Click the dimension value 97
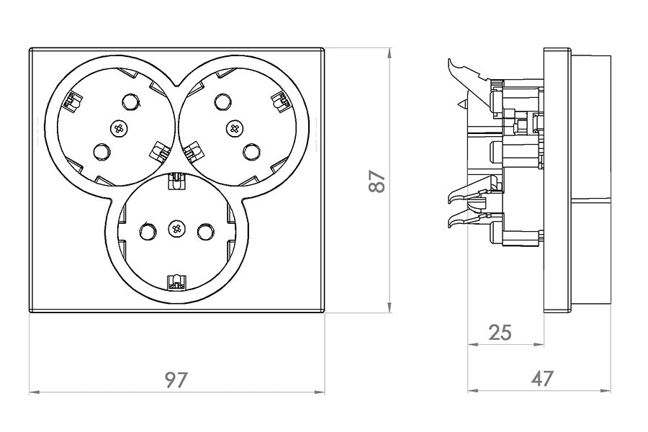[x=176, y=379]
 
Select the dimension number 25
[x=500, y=332]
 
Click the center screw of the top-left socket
[x=120, y=128]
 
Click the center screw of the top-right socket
[x=233, y=128]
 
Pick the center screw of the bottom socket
[x=176, y=230]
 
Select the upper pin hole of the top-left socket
[x=131, y=102]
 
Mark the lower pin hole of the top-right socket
[x=250, y=152]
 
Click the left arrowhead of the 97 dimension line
[x=32, y=392]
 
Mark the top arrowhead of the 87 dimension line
[x=390, y=53]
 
